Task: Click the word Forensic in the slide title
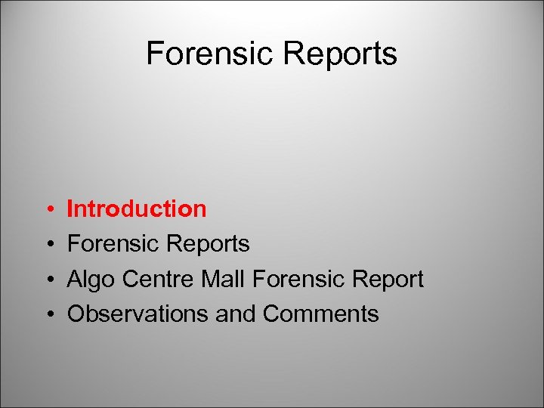pyautogui.click(x=211, y=54)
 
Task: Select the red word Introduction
pyautogui.click(x=137, y=209)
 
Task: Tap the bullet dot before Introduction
pyautogui.click(x=48, y=209)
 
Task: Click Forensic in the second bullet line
pyautogui.click(x=112, y=244)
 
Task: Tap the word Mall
pyautogui.click(x=224, y=279)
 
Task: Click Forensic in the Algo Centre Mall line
pyautogui.click(x=298, y=279)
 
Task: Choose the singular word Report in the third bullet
pyautogui.click(x=386, y=280)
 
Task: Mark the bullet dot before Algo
pyautogui.click(x=48, y=280)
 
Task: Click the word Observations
pyautogui.click(x=138, y=314)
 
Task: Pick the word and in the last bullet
pyautogui.click(x=236, y=314)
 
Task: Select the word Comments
pyautogui.click(x=321, y=314)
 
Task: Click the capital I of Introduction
pyautogui.click(x=70, y=209)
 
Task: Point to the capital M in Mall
pyautogui.click(x=211, y=279)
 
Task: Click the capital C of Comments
pyautogui.click(x=271, y=314)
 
